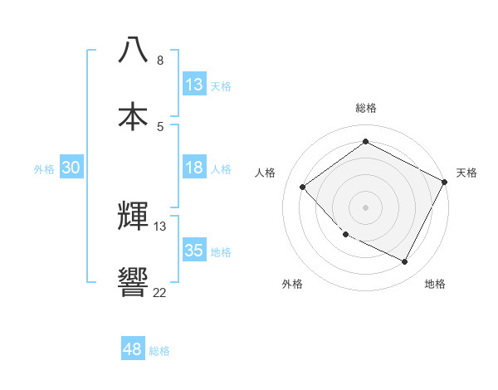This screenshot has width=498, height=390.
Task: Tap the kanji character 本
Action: (x=134, y=115)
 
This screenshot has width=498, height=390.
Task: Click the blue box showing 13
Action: (x=194, y=85)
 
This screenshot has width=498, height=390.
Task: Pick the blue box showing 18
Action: (x=194, y=168)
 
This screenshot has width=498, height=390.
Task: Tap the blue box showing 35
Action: (x=194, y=251)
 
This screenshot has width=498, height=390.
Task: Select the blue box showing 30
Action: (x=71, y=168)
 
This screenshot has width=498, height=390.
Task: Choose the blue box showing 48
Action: (x=133, y=349)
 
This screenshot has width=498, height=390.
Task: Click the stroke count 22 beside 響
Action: (x=159, y=292)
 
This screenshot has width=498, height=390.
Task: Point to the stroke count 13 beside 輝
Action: (x=160, y=227)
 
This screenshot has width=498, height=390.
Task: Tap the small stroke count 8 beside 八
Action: (x=160, y=61)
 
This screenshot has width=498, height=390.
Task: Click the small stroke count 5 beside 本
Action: (x=160, y=126)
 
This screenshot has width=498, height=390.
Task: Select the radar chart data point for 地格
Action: (x=405, y=262)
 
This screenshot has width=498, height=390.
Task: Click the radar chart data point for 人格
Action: (x=303, y=187)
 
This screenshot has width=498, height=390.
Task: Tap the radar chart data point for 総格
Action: (x=365, y=142)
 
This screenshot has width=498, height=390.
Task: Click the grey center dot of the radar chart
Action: (x=365, y=207)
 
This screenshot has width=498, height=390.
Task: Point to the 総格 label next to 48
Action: (x=160, y=351)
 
